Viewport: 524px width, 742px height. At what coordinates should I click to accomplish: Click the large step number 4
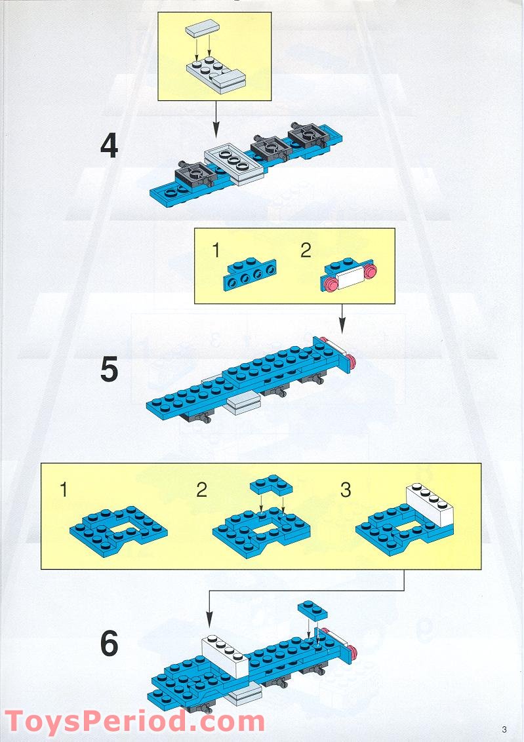[x=109, y=146]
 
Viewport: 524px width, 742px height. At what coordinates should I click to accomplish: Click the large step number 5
[x=109, y=370]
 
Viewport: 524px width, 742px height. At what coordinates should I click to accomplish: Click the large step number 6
[x=109, y=644]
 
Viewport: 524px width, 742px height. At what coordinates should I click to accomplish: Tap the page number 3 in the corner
[x=504, y=729]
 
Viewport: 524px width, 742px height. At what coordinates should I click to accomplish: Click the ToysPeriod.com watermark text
[x=134, y=722]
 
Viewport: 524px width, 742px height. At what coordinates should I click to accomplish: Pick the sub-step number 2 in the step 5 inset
[x=306, y=251]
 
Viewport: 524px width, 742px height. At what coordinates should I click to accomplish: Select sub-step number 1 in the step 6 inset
[x=64, y=489]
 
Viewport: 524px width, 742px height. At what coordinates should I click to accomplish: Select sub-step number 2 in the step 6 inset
[x=202, y=489]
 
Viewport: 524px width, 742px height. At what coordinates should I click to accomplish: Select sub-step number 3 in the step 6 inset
[x=346, y=489]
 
